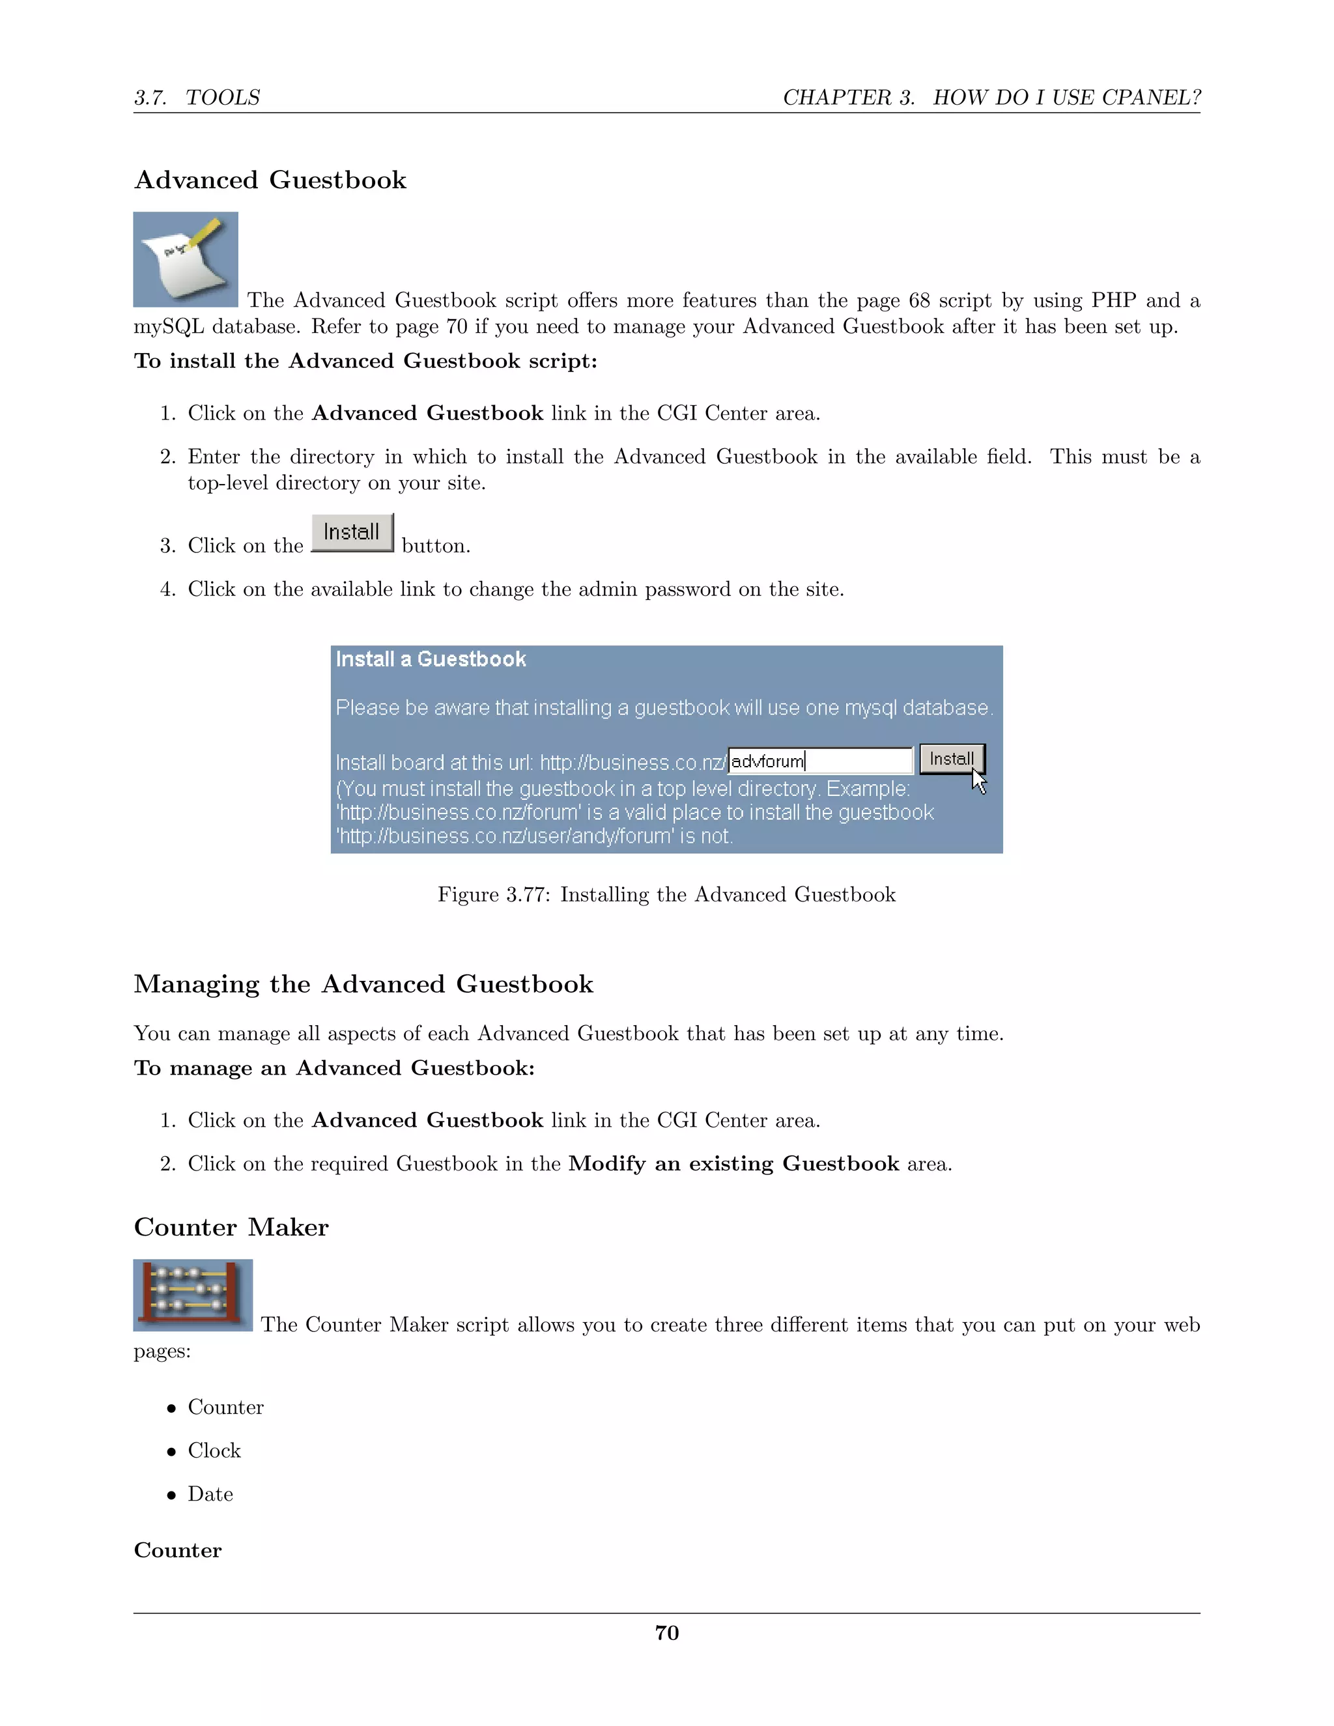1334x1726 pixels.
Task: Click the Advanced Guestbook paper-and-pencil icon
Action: pos(186,259)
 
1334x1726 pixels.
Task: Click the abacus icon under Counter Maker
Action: pos(192,1295)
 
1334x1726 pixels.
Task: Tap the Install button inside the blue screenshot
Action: pos(951,759)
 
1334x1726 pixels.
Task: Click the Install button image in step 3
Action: pos(352,533)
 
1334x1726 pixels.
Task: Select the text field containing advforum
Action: pos(819,761)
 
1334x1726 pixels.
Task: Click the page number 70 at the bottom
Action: pos(666,1633)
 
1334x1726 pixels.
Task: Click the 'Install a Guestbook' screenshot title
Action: pos(431,659)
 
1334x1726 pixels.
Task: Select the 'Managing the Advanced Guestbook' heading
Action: pos(363,984)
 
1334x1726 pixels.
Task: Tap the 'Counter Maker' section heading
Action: pos(231,1227)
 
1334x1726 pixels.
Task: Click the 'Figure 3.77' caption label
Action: pos(494,895)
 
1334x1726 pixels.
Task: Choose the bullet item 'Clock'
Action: pos(214,1451)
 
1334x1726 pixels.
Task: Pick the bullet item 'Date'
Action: pos(210,1494)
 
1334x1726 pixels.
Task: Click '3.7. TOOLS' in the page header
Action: pos(197,97)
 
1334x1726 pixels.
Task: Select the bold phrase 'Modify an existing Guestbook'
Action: pos(733,1164)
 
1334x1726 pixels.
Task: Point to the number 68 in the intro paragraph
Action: pos(919,300)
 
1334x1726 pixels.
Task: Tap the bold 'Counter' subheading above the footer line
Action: pos(178,1551)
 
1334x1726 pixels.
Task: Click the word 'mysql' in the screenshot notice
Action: pos(871,708)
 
